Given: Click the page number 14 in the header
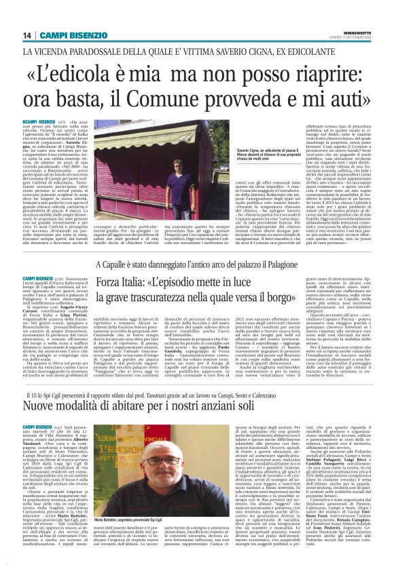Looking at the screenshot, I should pyautogui.click(x=26, y=35).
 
